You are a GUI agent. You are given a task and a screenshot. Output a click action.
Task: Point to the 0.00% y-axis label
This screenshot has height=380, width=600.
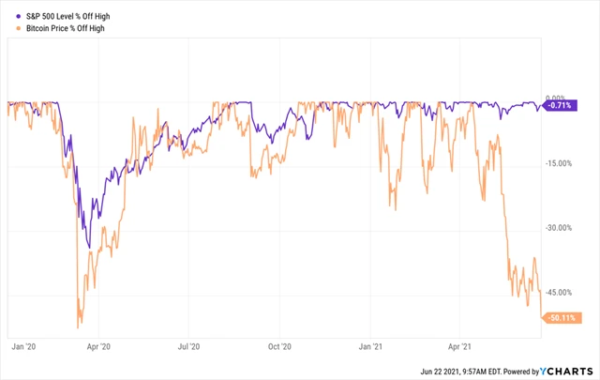click(x=558, y=99)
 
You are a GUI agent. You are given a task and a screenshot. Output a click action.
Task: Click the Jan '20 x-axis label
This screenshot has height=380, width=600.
click(x=22, y=345)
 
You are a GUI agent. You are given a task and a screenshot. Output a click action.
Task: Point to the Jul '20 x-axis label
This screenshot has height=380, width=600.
click(x=189, y=345)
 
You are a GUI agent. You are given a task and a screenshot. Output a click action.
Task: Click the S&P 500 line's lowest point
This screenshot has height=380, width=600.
click(x=88, y=248)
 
